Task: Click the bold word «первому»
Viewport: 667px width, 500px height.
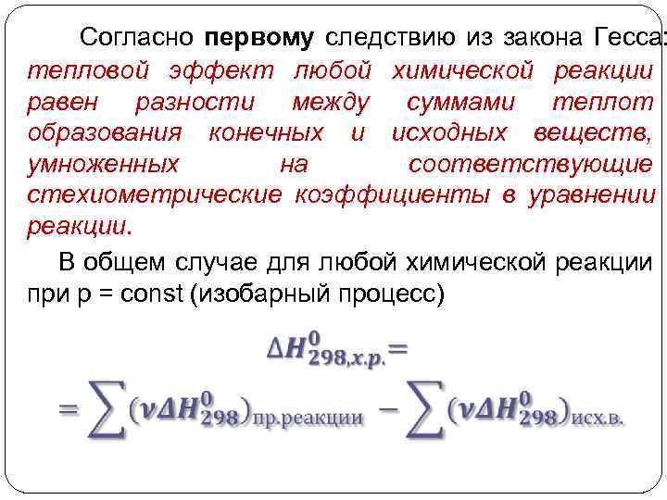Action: [x=260, y=38]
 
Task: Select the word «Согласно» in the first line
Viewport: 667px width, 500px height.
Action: [x=136, y=37]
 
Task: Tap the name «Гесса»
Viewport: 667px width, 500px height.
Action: [x=620, y=37]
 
